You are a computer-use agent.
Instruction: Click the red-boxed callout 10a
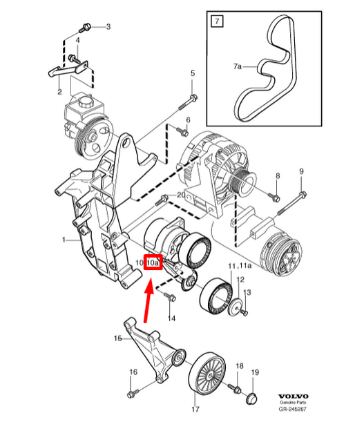click(x=153, y=262)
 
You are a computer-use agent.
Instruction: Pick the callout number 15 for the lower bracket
click(x=117, y=338)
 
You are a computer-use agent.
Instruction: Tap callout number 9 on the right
click(x=301, y=171)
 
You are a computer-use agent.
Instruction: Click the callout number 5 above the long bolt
click(x=192, y=73)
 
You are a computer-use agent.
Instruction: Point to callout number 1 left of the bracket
click(x=64, y=240)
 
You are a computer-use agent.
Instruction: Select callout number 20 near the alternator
click(x=181, y=195)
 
